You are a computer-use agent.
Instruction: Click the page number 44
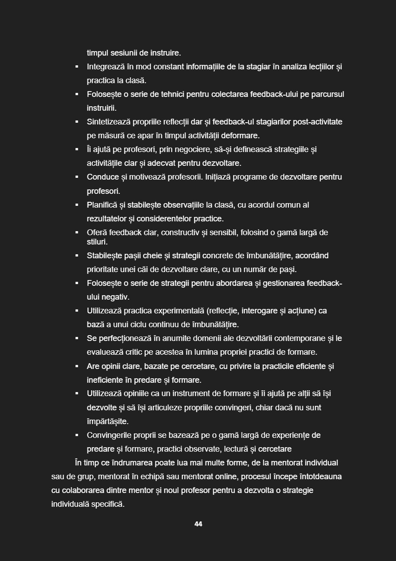198,524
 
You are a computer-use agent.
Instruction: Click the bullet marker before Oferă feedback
77,232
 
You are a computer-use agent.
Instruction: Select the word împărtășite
107,421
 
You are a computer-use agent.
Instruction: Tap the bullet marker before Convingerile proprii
77,435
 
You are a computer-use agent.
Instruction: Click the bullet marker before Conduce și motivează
77,177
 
